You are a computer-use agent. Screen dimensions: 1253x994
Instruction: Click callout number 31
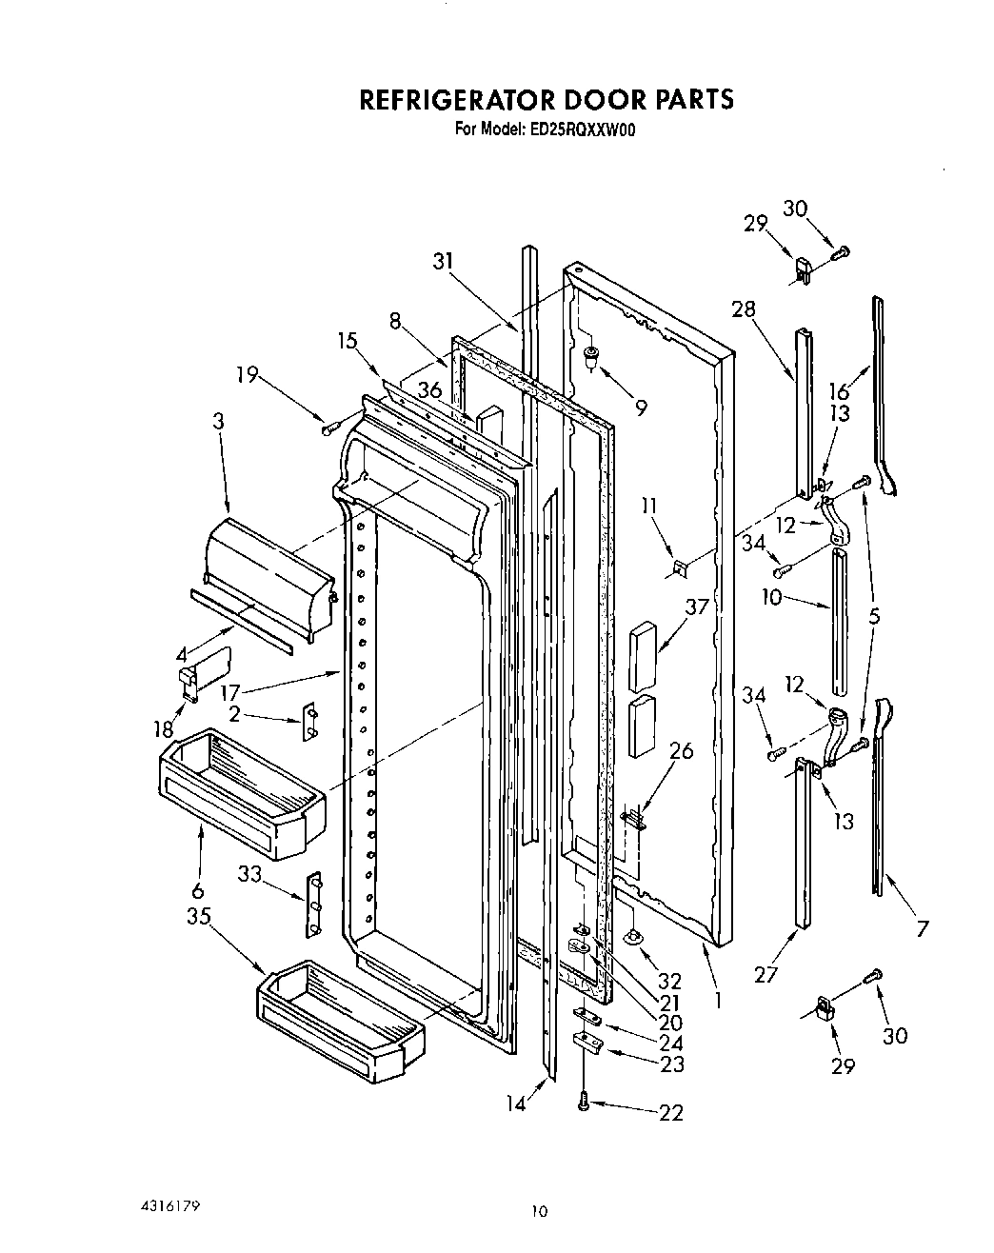click(x=444, y=262)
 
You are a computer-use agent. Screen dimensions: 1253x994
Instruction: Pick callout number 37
click(x=698, y=607)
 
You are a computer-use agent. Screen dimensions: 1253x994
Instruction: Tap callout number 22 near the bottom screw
click(x=671, y=1112)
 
